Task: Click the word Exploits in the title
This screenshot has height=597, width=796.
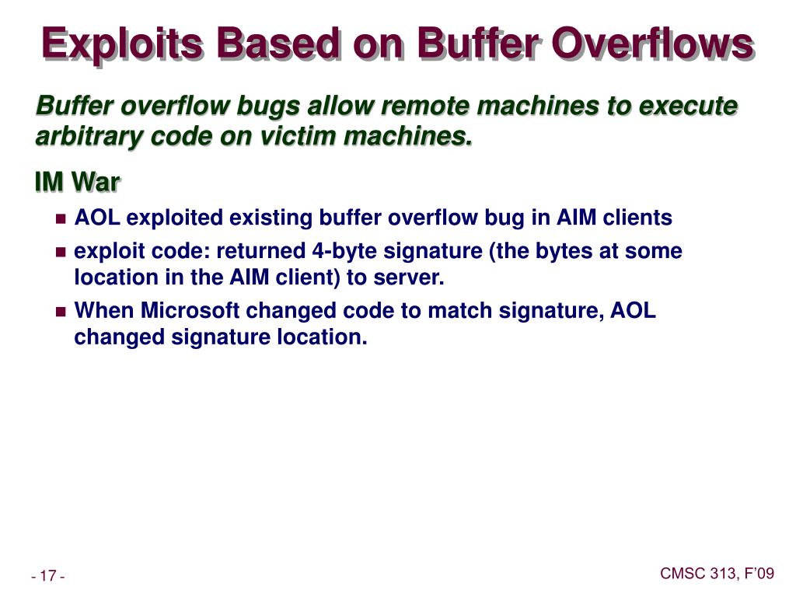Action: tap(123, 44)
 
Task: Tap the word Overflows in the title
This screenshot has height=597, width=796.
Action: tap(652, 44)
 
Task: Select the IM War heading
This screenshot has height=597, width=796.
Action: tap(77, 182)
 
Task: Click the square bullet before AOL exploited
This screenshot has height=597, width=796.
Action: tap(61, 219)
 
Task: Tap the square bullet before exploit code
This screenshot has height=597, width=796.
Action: tap(61, 253)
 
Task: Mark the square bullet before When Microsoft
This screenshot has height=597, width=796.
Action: tap(61, 312)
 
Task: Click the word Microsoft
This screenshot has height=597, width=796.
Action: tap(190, 310)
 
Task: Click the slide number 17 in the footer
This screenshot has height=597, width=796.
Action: tap(47, 576)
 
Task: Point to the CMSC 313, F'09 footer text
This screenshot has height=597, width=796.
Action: tap(717, 573)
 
